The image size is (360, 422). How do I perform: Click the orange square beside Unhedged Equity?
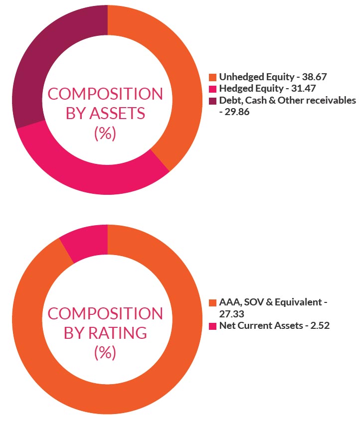[x=213, y=77]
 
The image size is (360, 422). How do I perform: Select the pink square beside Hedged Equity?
[x=213, y=89]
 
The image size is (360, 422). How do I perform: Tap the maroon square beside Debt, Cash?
[x=213, y=100]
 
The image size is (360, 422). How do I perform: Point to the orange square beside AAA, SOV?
[x=213, y=303]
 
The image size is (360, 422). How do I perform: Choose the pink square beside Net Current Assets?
[x=213, y=326]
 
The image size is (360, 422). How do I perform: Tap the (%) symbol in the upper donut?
[x=105, y=133]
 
